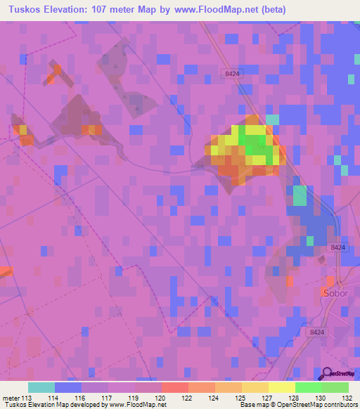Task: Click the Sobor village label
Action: click(333, 291)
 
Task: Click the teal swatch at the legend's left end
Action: click(41, 387)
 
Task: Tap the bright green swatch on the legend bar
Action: click(308, 387)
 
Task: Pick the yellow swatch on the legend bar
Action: click(281, 387)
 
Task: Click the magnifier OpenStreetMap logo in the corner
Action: click(327, 375)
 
